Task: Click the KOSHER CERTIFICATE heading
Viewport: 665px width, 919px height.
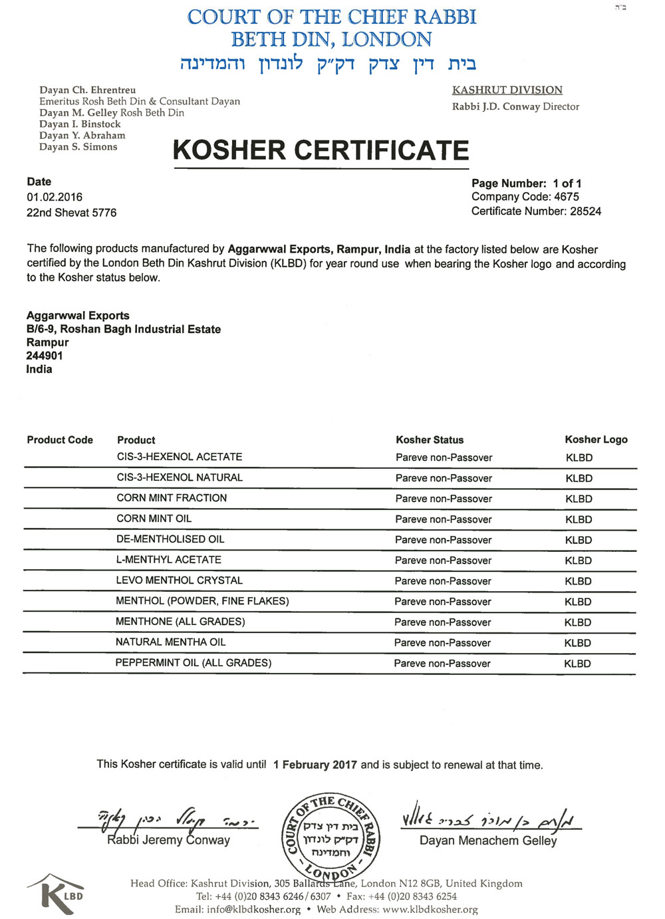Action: pyautogui.click(x=321, y=150)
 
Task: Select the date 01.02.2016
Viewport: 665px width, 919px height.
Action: pyautogui.click(x=55, y=197)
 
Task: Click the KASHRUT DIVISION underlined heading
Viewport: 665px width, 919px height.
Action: pyautogui.click(x=507, y=90)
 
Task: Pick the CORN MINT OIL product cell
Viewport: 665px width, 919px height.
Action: pyautogui.click(x=154, y=519)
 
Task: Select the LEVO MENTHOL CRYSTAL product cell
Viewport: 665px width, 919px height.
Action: pyautogui.click(x=180, y=581)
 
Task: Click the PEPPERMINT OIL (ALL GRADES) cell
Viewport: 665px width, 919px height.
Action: pyautogui.click(x=194, y=663)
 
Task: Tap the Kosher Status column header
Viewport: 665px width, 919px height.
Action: pyautogui.click(x=430, y=440)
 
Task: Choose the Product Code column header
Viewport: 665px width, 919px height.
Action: pyautogui.click(x=60, y=440)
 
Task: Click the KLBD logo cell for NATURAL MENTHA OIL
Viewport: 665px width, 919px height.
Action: pyautogui.click(x=577, y=643)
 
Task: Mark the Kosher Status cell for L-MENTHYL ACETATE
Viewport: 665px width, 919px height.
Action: pyautogui.click(x=443, y=561)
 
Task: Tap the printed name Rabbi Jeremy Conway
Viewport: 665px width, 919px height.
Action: pyautogui.click(x=168, y=840)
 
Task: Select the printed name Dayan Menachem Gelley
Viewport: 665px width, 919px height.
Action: pyautogui.click(x=488, y=841)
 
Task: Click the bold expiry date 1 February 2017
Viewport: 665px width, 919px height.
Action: pyautogui.click(x=315, y=765)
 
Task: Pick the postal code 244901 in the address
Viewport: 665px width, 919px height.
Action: pyautogui.click(x=45, y=356)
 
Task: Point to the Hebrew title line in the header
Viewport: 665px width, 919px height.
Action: pyautogui.click(x=328, y=64)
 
